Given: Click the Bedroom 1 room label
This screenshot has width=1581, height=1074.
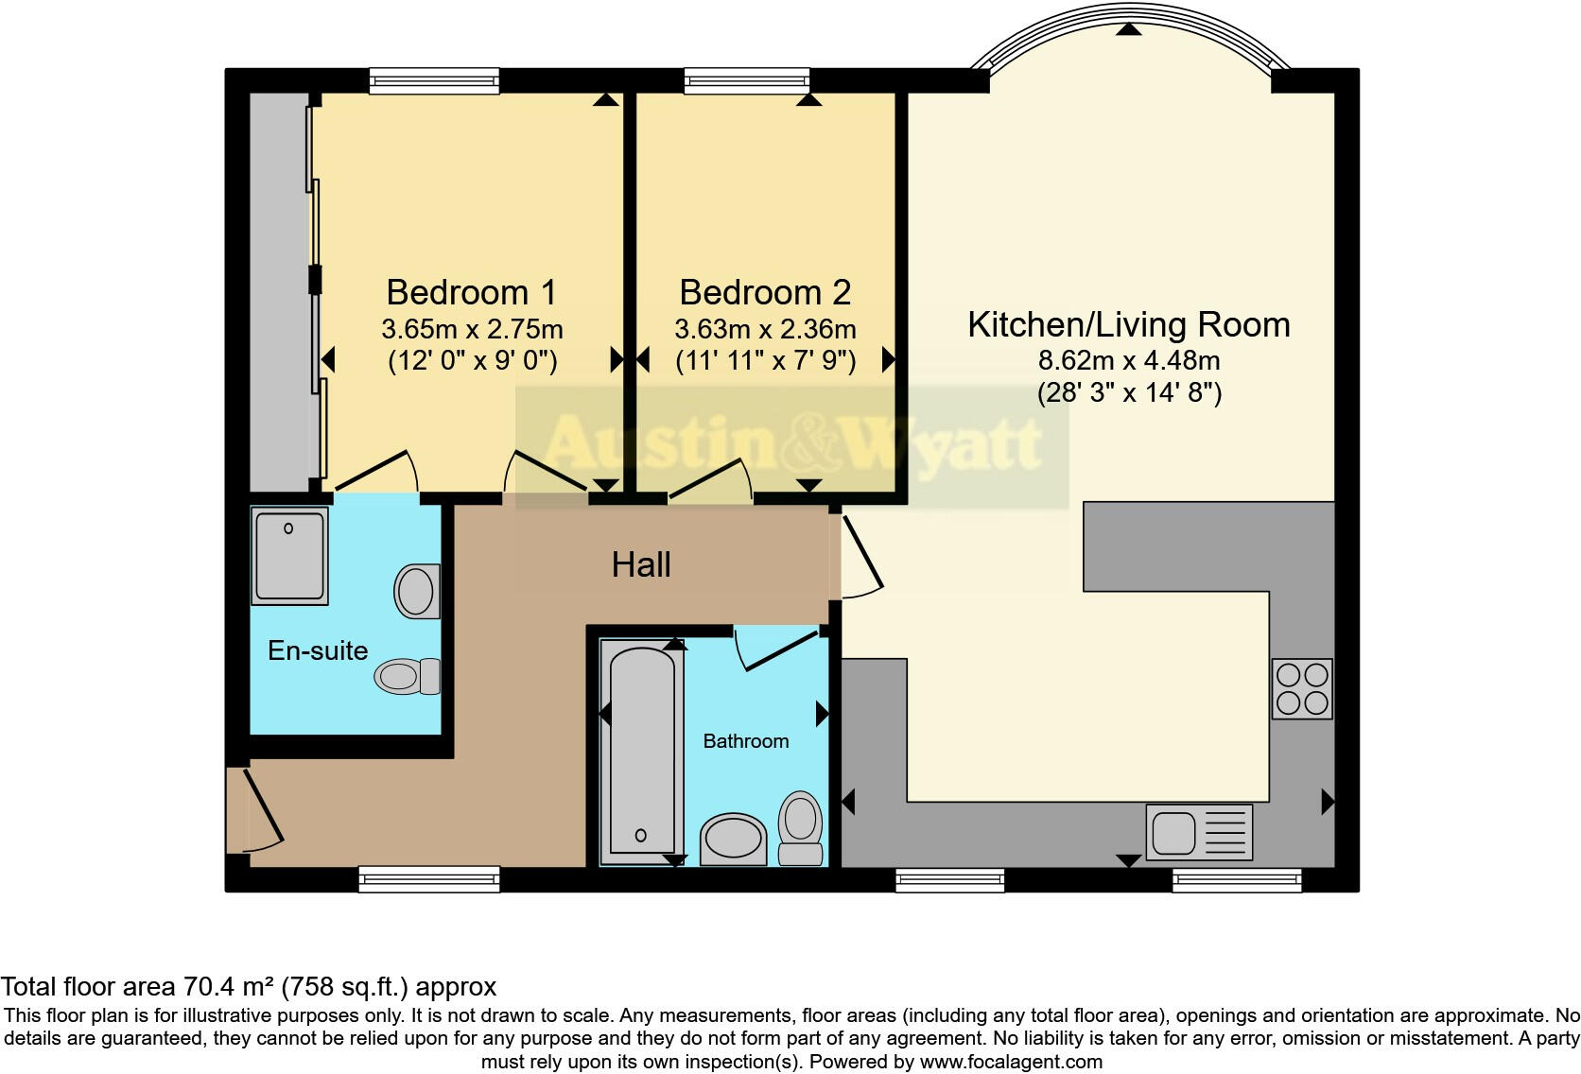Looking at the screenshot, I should click(x=471, y=292).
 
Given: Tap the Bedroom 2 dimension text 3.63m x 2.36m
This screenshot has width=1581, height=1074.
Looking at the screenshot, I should click(x=765, y=329).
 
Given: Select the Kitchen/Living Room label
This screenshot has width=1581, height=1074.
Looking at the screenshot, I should click(x=1128, y=324).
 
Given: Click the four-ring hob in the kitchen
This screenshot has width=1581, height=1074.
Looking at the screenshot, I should click(x=1302, y=689).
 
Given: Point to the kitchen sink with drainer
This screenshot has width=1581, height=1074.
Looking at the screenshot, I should click(x=1198, y=833).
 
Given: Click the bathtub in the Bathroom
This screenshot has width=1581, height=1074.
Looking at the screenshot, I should click(x=642, y=752).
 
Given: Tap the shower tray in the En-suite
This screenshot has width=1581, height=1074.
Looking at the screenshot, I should click(x=289, y=556).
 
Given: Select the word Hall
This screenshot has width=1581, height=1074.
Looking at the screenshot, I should click(x=641, y=564).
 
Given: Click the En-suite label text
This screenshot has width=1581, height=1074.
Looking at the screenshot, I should click(x=318, y=650).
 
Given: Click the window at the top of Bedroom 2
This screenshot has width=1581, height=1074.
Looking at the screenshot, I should click(x=747, y=81).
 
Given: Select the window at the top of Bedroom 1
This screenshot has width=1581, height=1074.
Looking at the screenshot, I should click(x=434, y=81).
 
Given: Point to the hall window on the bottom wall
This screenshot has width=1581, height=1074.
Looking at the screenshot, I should click(x=429, y=879).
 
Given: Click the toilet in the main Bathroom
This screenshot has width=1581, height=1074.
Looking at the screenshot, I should click(x=800, y=828).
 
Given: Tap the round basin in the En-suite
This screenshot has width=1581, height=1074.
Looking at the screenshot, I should click(x=416, y=591).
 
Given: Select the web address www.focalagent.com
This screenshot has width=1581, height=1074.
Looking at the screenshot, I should click(x=1011, y=1062).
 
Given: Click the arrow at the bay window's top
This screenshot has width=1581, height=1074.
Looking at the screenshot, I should click(x=1126, y=30).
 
